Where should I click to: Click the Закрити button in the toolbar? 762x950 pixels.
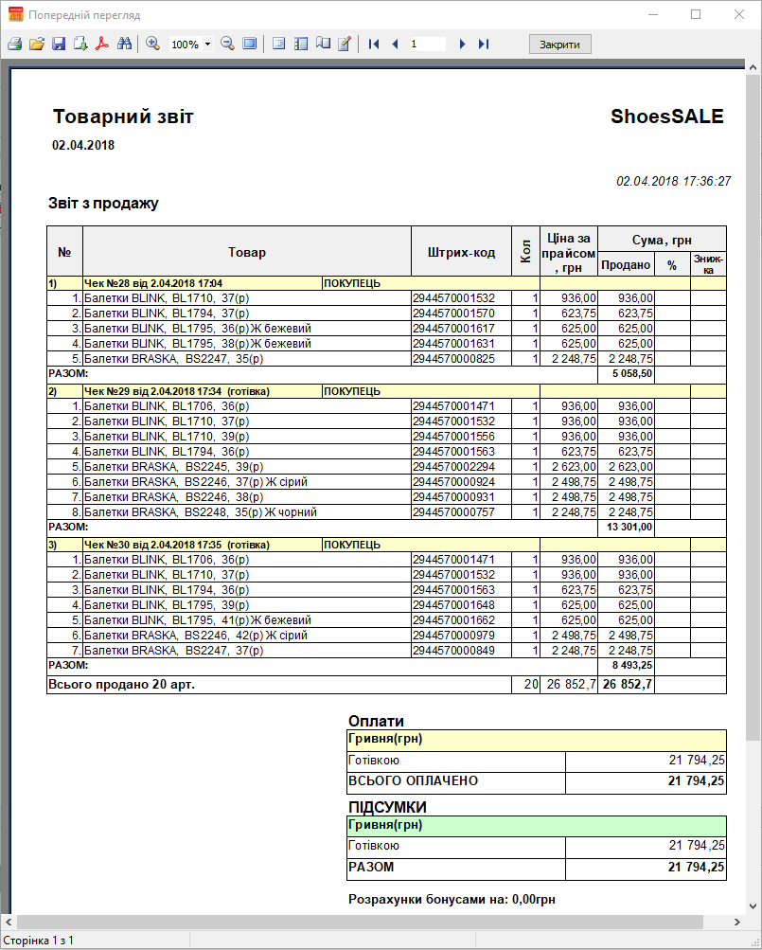point(559,45)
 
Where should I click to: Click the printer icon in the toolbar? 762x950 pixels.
point(14,45)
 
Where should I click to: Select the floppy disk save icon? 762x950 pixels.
point(59,45)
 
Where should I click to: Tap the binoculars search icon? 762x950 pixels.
point(124,45)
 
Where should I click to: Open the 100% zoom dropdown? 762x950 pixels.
point(207,45)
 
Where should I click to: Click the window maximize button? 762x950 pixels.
point(696,15)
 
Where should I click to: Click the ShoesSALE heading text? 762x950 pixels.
point(666,117)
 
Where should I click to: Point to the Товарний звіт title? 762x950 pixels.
point(123,117)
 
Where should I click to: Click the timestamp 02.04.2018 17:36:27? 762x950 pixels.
point(673,181)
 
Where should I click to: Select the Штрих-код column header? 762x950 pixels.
point(461,252)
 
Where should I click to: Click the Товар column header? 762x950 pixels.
point(247,252)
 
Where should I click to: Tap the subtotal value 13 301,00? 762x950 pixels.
point(629,527)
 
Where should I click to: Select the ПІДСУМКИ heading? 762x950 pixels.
point(387,807)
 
